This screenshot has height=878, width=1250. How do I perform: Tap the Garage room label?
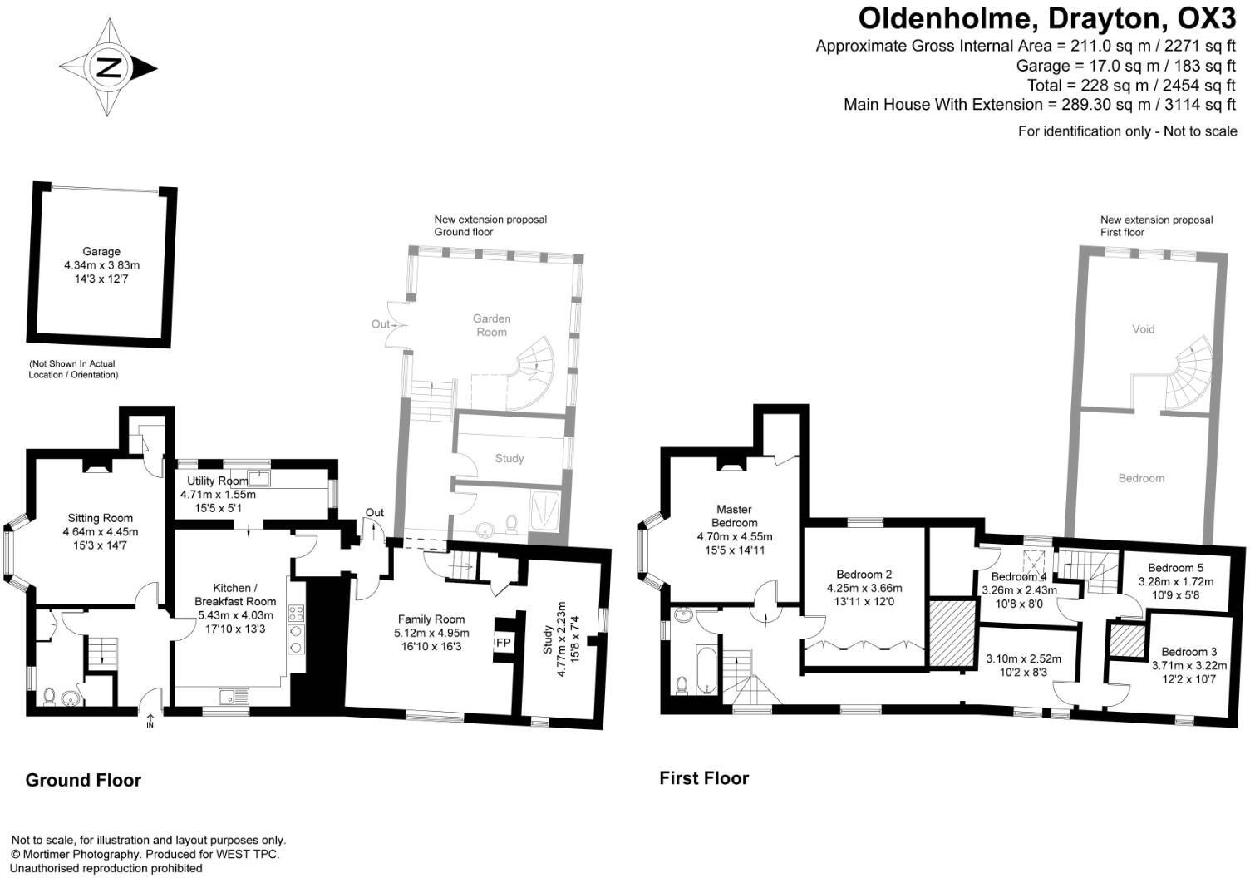(x=101, y=251)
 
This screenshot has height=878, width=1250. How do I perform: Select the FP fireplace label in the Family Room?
(x=504, y=642)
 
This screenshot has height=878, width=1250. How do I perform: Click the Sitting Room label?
(x=101, y=518)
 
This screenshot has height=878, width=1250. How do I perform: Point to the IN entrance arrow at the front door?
(x=151, y=719)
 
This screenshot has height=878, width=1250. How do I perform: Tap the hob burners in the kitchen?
(x=297, y=627)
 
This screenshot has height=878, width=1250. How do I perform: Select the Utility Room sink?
(x=258, y=477)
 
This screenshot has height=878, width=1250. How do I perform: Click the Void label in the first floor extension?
(x=1144, y=329)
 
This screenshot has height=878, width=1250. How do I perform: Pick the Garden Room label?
(x=491, y=325)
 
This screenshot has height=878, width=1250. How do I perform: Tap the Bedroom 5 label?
(x=1175, y=569)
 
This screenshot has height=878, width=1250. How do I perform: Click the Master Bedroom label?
(x=734, y=515)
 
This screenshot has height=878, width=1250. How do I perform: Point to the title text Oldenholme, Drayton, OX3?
(x=1047, y=17)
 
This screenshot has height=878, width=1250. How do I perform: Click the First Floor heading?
(x=704, y=778)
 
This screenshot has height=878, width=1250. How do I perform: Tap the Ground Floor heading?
(x=83, y=780)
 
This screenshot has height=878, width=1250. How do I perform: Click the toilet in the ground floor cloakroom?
(x=49, y=696)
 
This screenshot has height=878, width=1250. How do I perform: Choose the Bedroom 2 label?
(x=864, y=575)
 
